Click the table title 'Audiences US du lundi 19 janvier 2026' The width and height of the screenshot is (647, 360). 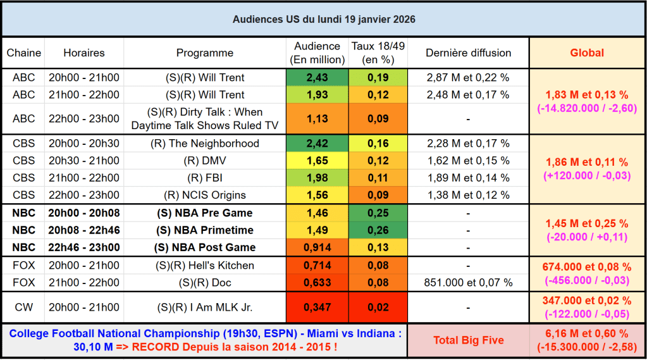[323, 19]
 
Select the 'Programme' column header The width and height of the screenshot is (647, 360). [204, 53]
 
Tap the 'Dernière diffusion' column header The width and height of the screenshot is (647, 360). [468, 53]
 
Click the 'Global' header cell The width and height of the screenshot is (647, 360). [587, 53]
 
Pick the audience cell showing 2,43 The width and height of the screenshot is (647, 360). [317, 78]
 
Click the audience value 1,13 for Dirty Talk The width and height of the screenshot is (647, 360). [317, 118]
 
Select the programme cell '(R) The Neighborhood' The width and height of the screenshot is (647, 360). [204, 144]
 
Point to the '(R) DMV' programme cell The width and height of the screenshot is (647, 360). [204, 161]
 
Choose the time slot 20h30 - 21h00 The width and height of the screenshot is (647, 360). [83, 161]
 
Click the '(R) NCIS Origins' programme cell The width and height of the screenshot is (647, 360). [204, 196]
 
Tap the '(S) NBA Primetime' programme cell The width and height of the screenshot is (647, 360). [204, 230]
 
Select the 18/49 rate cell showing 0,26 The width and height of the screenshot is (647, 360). [378, 230]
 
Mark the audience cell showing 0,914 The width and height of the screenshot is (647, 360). [317, 247]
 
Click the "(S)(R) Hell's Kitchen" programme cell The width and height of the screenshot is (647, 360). [204, 265]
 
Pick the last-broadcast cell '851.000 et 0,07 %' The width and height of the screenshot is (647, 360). [468, 282]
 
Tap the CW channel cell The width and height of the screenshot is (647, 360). [23, 307]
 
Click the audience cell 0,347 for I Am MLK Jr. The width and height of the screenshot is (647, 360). [317, 307]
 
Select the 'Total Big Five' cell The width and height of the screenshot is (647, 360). [468, 340]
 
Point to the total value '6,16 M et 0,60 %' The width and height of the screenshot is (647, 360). [587, 334]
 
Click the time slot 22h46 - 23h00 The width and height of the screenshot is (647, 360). [83, 247]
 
